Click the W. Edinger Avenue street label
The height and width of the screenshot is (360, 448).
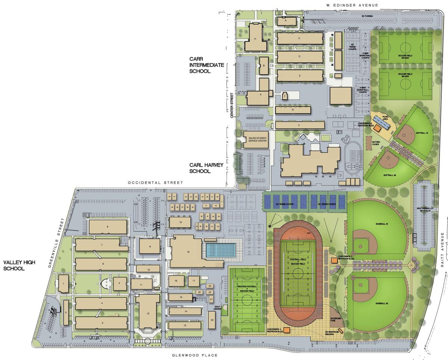pyautogui.click(x=351, y=5)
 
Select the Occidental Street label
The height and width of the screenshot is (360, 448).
pyautogui.click(x=155, y=183)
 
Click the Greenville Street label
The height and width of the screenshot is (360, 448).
pyautogui.click(x=57, y=243)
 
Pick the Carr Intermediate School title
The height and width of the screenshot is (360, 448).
pyautogui.click(x=206, y=65)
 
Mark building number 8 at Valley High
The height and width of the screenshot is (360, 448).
pyautogui.click(x=107, y=227)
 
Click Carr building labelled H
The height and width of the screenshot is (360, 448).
pyautogui.click(x=255, y=39)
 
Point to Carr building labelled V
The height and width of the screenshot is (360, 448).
pyautogui.click(x=299, y=125)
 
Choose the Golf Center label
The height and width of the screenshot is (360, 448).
pyautogui.click(x=217, y=307)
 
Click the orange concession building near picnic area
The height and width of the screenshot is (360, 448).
pyautogui.click(x=378, y=128)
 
